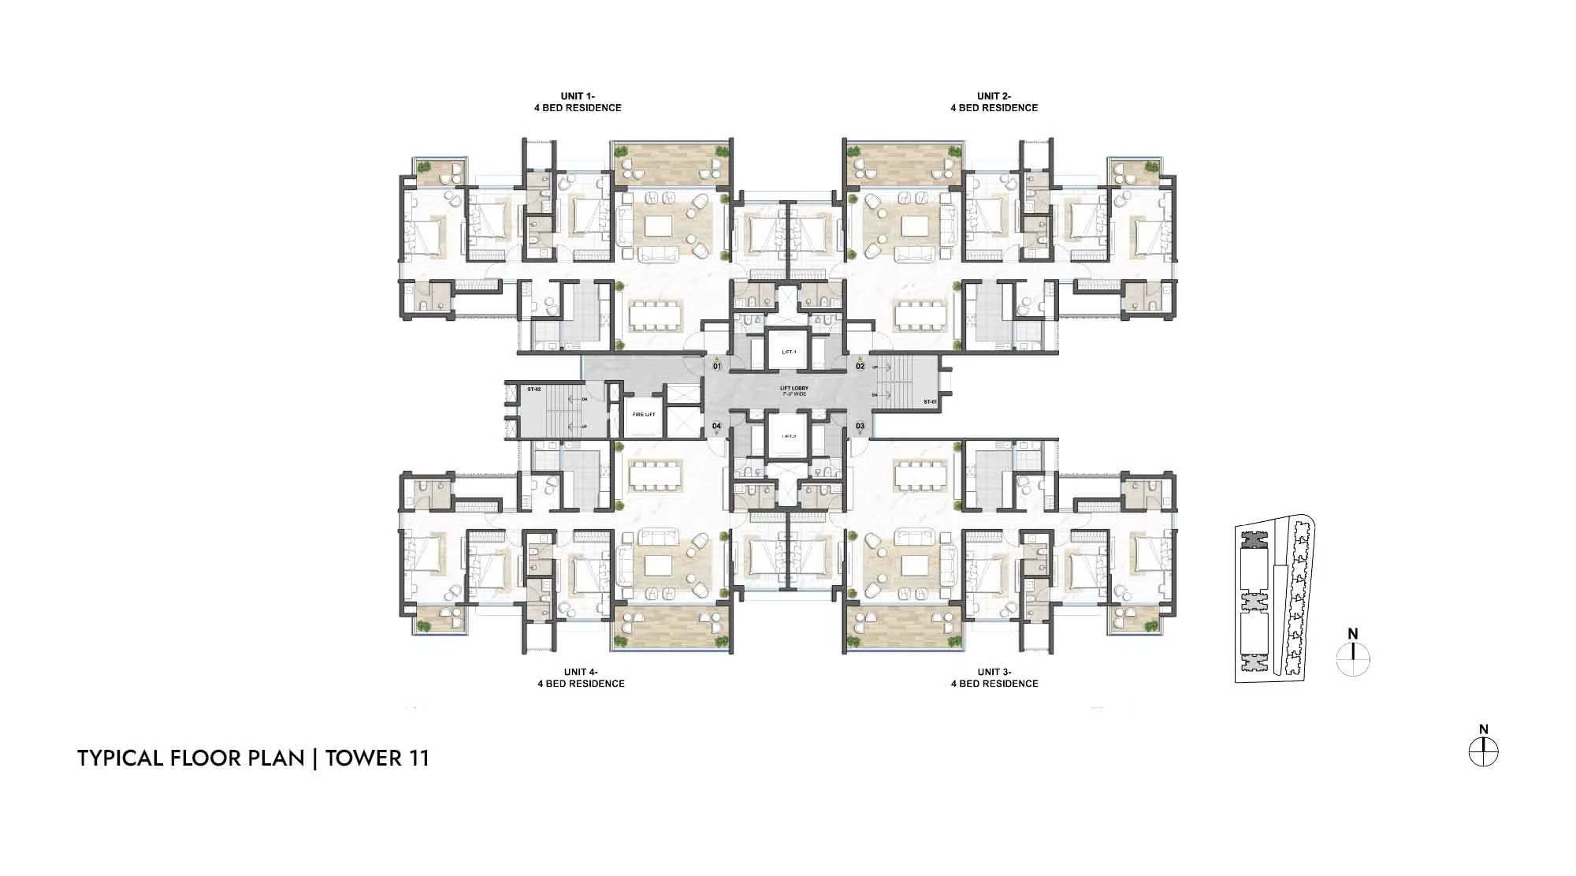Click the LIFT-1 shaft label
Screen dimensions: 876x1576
click(789, 352)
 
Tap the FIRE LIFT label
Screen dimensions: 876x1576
click(644, 414)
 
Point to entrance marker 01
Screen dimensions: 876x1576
click(717, 366)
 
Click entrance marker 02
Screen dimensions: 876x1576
click(860, 366)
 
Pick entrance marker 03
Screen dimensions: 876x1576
click(860, 427)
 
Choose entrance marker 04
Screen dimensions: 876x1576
click(716, 427)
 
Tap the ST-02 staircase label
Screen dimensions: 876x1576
click(533, 390)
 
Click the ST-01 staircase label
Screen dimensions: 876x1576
click(931, 402)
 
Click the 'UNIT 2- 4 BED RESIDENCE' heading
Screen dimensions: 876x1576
click(994, 103)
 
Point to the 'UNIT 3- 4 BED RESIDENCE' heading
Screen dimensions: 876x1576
click(994, 678)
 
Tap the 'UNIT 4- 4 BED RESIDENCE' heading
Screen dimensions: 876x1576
click(582, 678)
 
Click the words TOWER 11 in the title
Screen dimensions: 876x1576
click(377, 759)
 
